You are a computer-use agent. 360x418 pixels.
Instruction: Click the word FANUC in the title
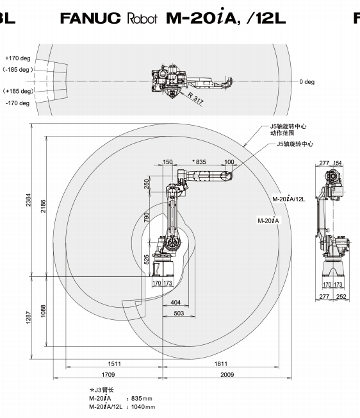(x=90, y=18)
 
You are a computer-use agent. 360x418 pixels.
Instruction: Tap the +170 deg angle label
(x=18, y=58)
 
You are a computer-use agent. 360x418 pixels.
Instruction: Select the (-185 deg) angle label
(x=18, y=70)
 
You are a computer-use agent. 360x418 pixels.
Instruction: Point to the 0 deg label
(x=307, y=82)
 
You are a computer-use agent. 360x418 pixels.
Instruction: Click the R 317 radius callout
(x=196, y=98)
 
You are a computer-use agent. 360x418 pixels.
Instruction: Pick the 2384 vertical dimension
(x=28, y=200)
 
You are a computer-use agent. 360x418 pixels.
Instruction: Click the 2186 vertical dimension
(x=43, y=206)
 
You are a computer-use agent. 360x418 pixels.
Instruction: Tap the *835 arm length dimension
(x=199, y=162)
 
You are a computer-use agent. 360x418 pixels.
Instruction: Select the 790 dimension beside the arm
(x=147, y=217)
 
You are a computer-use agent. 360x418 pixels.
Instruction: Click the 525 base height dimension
(x=147, y=260)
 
